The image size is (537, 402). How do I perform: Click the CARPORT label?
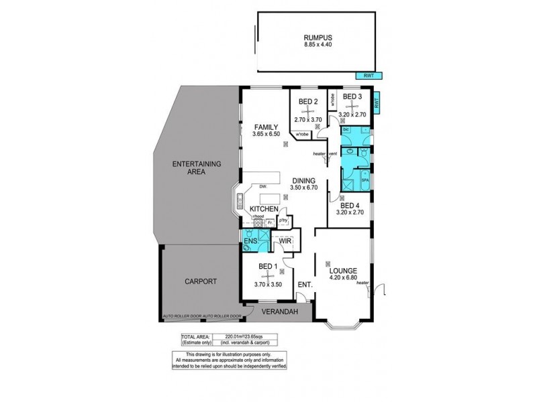[x=200, y=282]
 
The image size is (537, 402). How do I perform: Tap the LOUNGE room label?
[x=342, y=271]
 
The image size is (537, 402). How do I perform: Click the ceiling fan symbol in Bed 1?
[x=268, y=275]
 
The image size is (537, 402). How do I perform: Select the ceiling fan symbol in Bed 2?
[x=307, y=111]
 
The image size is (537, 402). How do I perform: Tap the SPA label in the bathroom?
[x=365, y=181]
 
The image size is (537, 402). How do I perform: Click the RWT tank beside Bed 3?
[x=377, y=104]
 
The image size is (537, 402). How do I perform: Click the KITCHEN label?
[x=264, y=210]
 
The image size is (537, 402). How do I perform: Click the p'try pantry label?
[x=283, y=220]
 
